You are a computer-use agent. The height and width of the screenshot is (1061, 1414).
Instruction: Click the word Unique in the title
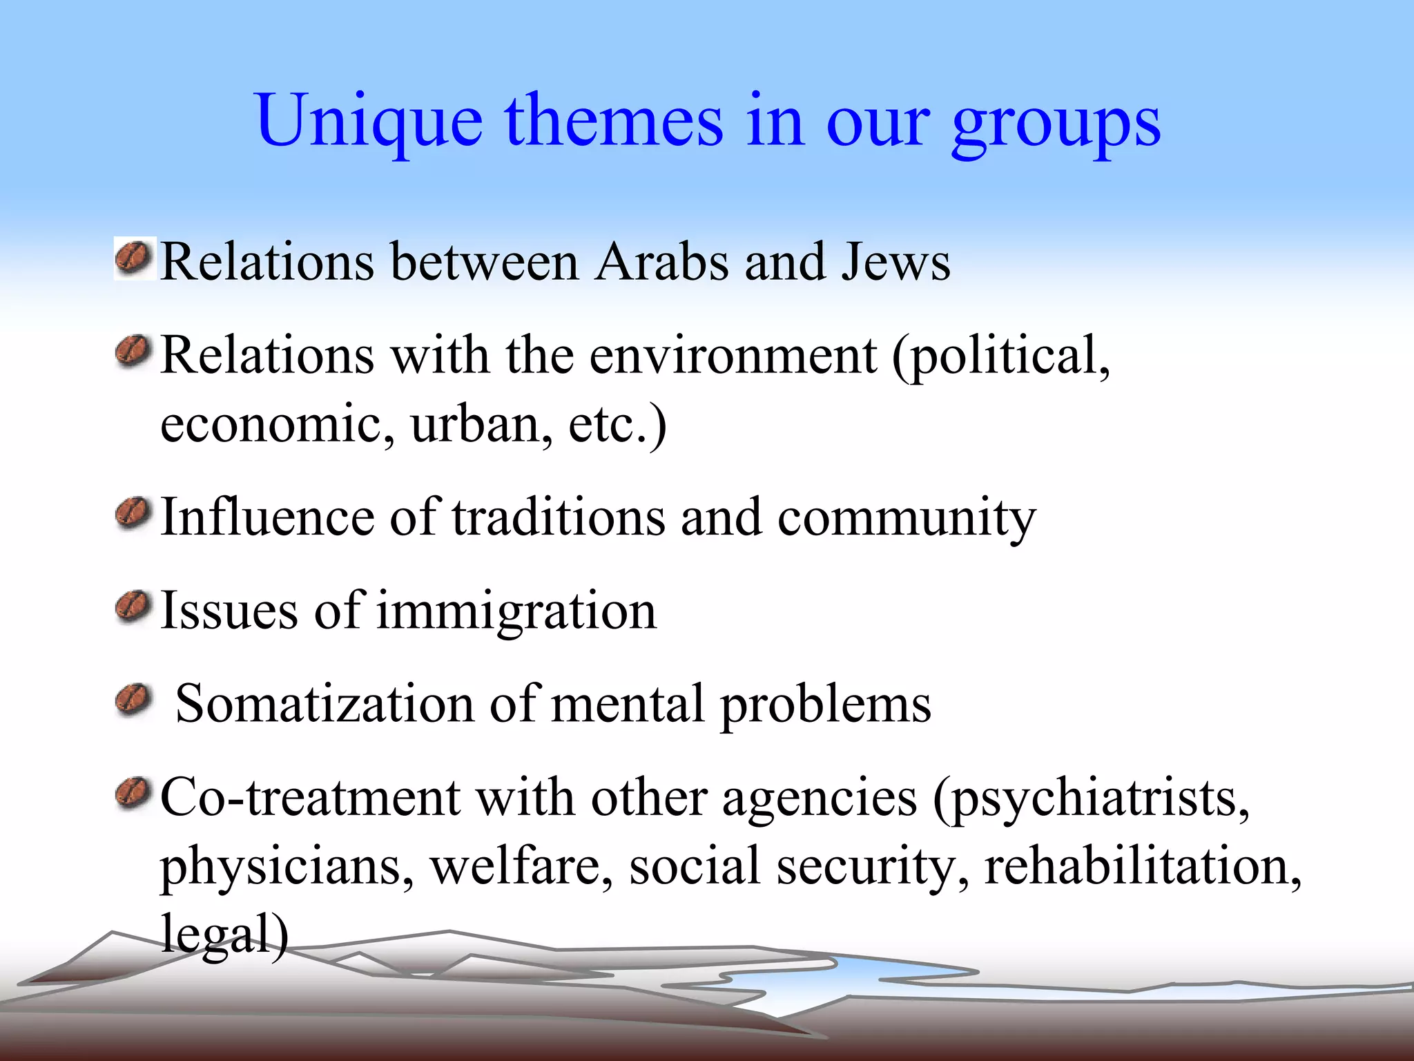click(x=369, y=122)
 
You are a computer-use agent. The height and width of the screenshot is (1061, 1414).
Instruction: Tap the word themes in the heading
click(x=614, y=120)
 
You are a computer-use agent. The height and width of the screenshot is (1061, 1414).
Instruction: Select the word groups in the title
click(x=1056, y=123)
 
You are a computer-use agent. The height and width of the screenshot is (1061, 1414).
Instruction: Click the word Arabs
click(x=661, y=262)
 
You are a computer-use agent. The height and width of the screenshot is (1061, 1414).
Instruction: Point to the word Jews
click(x=895, y=262)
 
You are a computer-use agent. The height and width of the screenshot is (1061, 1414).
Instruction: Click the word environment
click(x=733, y=356)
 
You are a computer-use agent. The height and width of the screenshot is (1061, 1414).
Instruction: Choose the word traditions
click(x=559, y=517)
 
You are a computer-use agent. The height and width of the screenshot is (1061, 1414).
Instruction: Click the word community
click(x=907, y=519)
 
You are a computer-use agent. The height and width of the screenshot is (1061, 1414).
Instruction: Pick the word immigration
click(x=516, y=611)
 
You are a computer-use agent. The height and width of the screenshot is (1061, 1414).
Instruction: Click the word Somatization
click(x=325, y=704)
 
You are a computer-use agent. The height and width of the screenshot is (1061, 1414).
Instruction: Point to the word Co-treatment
click(x=310, y=798)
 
